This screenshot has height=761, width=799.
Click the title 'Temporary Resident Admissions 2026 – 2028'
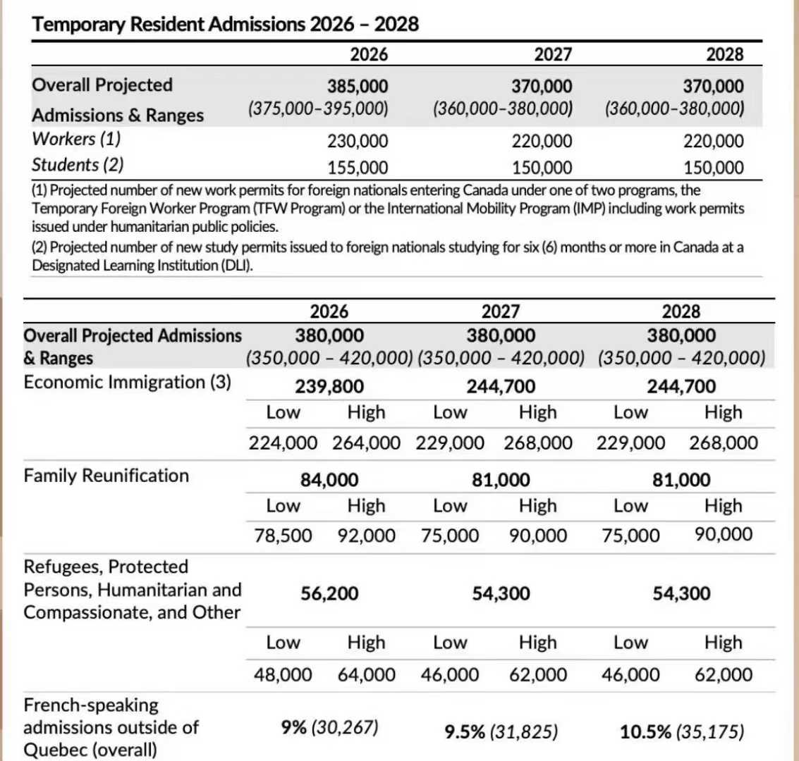226,25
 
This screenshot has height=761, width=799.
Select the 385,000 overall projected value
358,87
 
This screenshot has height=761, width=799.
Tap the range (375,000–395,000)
318,109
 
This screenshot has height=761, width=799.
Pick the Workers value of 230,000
358,142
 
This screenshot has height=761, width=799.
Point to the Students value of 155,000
358,168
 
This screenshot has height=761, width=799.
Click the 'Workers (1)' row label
76,139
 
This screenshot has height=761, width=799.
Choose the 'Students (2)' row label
78,165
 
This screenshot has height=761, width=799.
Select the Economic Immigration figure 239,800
329,387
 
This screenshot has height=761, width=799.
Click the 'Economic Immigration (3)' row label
127,383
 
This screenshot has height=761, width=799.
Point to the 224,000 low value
282,443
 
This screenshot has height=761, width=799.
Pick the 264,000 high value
366,443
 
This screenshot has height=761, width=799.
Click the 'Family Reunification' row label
106,476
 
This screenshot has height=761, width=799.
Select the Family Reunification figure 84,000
329,481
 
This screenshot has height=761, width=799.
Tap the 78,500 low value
283,536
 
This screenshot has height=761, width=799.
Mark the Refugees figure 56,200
329,593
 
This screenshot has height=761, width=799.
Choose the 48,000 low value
283,674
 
